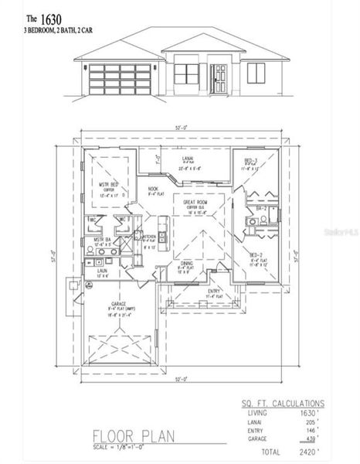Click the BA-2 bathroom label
point(262,209)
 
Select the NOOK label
point(154,188)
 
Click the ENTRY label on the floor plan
point(213,291)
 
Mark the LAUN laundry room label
point(101,271)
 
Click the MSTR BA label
point(102,241)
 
